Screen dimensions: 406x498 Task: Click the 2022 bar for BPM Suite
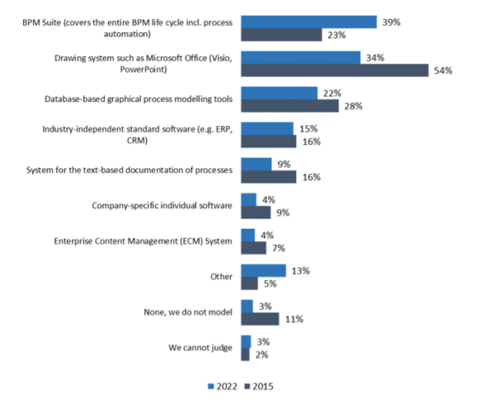click(x=308, y=22)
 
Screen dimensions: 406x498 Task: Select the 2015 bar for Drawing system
click(x=334, y=70)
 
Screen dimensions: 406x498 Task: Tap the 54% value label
click(x=442, y=70)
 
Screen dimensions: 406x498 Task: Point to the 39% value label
click(x=391, y=22)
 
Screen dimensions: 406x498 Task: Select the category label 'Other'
click(x=221, y=277)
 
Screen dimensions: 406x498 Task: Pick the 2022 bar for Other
click(x=262, y=270)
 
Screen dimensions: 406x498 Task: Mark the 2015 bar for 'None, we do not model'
click(x=259, y=319)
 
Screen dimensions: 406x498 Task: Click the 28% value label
click(x=353, y=106)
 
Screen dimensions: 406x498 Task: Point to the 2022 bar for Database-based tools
click(x=278, y=93)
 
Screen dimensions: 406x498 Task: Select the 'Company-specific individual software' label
click(x=166, y=205)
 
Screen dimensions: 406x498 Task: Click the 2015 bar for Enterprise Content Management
click(x=252, y=248)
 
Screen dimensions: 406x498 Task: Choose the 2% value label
click(x=261, y=355)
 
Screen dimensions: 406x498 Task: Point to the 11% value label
click(x=292, y=319)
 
